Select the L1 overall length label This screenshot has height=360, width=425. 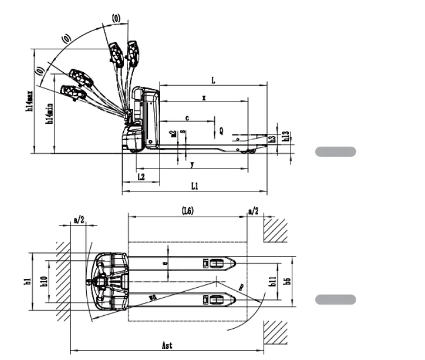pyautogui.click(x=194, y=185)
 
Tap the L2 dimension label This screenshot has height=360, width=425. pyautogui.click(x=141, y=176)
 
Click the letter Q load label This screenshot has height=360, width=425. pyautogui.click(x=221, y=131)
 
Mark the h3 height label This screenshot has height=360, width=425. pyautogui.click(x=272, y=138)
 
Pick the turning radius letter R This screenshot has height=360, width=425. pyautogui.click(x=241, y=288)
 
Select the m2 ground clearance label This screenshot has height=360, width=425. pyautogui.click(x=174, y=133)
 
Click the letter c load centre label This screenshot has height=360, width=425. pyautogui.click(x=187, y=118)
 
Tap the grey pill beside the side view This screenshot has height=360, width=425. pyautogui.click(x=335, y=152)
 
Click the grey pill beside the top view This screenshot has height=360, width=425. pyautogui.click(x=335, y=300)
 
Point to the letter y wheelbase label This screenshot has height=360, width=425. pyautogui.click(x=192, y=164)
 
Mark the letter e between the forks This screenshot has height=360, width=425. pyautogui.click(x=165, y=262)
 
